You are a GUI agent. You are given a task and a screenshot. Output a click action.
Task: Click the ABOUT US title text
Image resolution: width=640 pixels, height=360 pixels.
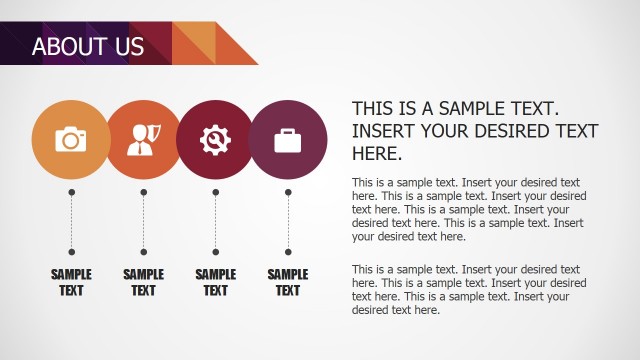click(88, 46)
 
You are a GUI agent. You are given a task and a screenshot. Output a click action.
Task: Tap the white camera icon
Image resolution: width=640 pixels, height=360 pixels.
click(71, 140)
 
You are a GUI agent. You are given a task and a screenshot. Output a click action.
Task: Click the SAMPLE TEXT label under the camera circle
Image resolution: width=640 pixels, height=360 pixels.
click(71, 282)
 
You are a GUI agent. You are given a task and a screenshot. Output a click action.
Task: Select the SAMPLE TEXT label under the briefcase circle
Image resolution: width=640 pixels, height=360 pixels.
click(288, 282)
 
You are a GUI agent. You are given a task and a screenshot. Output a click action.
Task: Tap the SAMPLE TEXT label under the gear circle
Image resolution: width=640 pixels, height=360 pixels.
click(215, 282)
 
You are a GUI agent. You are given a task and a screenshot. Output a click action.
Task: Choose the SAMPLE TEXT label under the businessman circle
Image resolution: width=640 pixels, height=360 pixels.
click(143, 282)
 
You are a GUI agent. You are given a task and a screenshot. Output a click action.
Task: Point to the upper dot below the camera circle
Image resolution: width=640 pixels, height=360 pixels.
click(71, 191)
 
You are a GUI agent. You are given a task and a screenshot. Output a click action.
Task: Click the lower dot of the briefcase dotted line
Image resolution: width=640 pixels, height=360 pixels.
click(288, 251)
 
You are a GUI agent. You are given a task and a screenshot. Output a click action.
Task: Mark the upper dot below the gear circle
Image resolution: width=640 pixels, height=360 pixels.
click(215, 191)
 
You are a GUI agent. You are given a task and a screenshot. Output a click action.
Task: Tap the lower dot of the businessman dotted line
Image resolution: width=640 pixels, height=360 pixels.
click(143, 251)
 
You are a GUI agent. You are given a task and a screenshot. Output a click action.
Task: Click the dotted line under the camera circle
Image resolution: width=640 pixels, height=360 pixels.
click(71, 221)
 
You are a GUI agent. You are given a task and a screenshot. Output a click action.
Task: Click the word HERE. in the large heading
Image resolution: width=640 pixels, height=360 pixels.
click(377, 154)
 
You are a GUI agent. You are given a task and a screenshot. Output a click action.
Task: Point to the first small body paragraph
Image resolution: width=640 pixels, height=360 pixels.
click(469, 210)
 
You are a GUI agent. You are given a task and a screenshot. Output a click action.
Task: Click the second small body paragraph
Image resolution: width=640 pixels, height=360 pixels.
click(469, 290)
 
